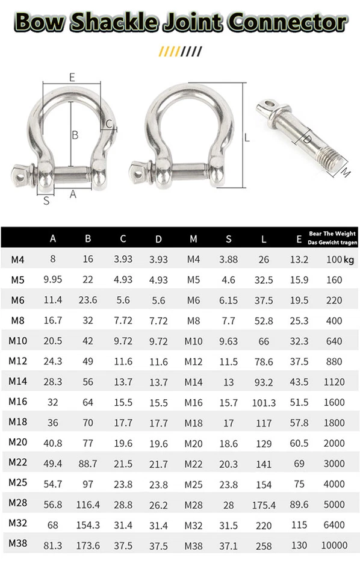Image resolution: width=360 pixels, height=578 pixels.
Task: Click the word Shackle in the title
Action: coord(114,22)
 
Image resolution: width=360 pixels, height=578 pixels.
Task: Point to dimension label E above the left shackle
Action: coord(72,77)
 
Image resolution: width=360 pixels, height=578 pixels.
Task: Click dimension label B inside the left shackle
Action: coord(75,135)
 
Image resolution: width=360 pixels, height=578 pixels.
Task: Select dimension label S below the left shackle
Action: coord(46,201)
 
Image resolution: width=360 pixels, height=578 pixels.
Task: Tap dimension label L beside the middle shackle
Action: coord(247,137)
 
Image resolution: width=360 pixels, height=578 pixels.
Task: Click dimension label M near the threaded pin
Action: coord(345,172)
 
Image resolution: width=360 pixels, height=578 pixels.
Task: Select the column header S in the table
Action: coord(229,239)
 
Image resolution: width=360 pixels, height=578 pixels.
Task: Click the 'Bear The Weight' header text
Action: coord(332,234)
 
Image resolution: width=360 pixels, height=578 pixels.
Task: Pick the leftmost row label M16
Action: coord(17,402)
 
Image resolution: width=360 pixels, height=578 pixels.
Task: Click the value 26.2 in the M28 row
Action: coord(158,505)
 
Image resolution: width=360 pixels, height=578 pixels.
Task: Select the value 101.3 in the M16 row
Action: coord(264,403)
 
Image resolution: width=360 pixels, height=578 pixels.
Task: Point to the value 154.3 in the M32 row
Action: coord(88,525)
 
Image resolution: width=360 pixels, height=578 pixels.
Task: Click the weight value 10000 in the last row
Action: coord(334,545)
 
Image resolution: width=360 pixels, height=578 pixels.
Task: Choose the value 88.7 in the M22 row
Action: coord(88,464)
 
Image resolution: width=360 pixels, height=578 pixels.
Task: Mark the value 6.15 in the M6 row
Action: coord(229,300)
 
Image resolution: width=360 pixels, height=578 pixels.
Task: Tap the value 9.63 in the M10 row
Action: coord(229,341)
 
